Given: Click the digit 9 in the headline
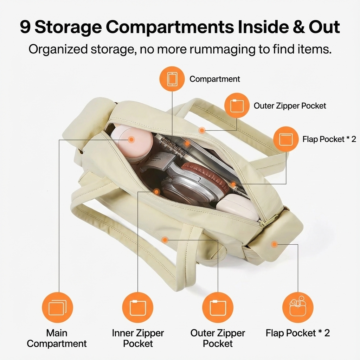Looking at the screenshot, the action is (25, 27).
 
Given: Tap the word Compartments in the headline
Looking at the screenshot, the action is (170, 27).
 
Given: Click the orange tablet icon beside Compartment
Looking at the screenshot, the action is (172, 79).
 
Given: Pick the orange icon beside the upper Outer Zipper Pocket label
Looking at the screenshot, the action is (237, 105).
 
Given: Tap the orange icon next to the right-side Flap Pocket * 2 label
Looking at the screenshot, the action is (286, 139).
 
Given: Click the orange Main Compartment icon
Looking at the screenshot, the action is (57, 307).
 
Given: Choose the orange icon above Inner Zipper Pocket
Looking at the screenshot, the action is (138, 307).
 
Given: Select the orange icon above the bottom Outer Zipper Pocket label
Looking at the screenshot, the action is (218, 307).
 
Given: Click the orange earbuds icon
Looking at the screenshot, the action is (298, 307).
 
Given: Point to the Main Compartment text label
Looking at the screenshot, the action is (57, 338).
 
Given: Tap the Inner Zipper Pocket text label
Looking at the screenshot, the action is (138, 338).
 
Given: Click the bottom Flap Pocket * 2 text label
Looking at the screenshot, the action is (298, 333).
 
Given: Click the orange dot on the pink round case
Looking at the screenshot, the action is (131, 139).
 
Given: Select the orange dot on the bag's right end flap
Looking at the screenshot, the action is (274, 244).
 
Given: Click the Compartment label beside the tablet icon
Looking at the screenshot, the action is (215, 79).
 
